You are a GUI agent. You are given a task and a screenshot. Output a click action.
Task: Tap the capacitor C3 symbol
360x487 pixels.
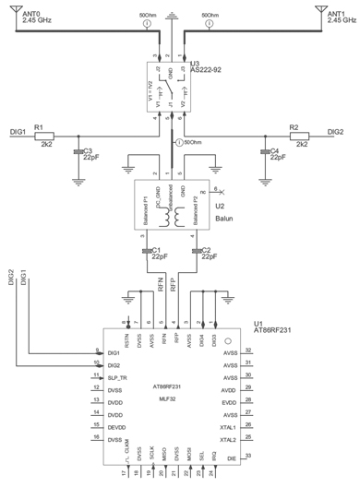point(78,152)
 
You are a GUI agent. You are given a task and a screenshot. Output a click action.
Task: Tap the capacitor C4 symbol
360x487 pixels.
point(264,152)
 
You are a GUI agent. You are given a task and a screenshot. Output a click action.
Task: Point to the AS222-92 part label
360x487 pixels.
point(213,70)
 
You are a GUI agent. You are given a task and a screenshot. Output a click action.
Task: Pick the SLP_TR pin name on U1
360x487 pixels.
point(118,377)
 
